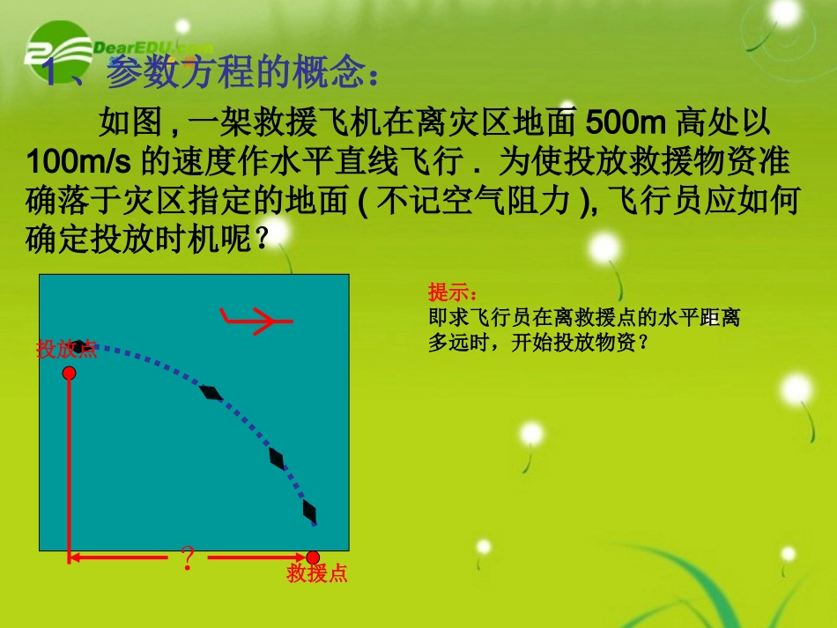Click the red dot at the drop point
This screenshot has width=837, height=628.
pyautogui.click(x=70, y=373)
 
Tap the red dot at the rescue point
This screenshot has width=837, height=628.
pyautogui.click(x=312, y=557)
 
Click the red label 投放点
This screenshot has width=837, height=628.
pyautogui.click(x=66, y=350)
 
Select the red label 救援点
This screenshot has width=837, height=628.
pyautogui.click(x=317, y=574)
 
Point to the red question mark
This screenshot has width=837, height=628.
pyautogui.click(x=187, y=558)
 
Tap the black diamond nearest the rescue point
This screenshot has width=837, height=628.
pyautogui.click(x=309, y=511)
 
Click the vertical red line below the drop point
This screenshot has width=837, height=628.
pyautogui.click(x=70, y=467)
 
